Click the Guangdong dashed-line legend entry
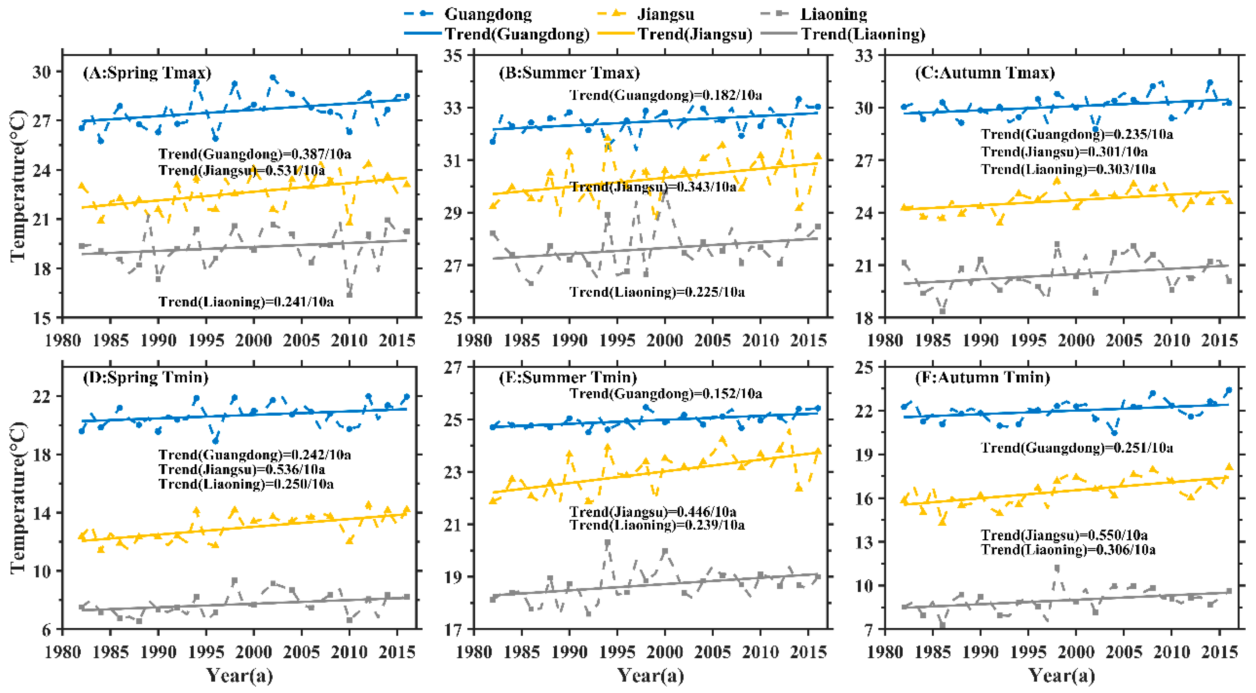[x=468, y=14]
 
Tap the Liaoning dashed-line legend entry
[x=814, y=14]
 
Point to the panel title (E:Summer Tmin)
[x=568, y=377]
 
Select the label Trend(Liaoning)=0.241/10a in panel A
[x=246, y=302]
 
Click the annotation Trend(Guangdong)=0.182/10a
[x=665, y=95]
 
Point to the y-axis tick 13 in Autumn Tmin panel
[x=864, y=542]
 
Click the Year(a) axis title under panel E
[x=651, y=675]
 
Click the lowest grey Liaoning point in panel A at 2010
[x=349, y=294]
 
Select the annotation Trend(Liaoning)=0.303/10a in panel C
[x=1068, y=169]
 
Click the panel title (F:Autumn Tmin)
[x=982, y=377]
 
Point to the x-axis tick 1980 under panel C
[x=885, y=340]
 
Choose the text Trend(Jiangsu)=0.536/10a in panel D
[x=241, y=469]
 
